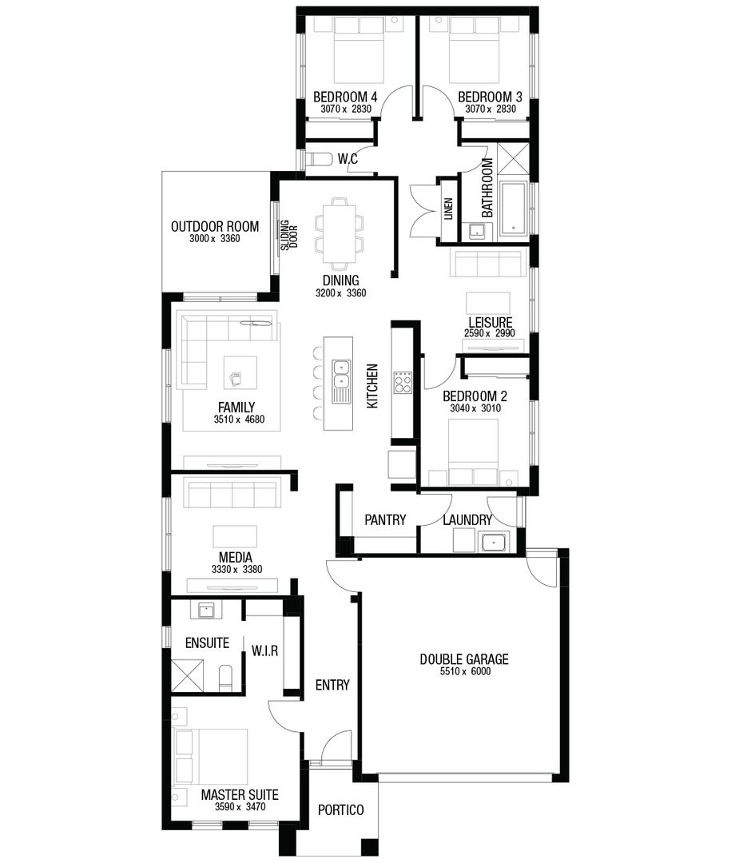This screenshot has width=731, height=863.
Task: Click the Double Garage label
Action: tap(464, 659)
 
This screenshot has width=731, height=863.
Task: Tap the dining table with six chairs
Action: tap(338, 232)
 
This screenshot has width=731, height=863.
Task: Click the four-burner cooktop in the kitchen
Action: tap(401, 382)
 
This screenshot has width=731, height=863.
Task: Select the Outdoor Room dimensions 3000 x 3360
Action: tap(215, 240)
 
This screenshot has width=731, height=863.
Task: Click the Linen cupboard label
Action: tap(448, 209)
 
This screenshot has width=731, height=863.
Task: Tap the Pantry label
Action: tap(385, 520)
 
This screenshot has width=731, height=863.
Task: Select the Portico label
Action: tap(340, 810)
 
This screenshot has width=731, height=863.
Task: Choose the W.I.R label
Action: tap(264, 651)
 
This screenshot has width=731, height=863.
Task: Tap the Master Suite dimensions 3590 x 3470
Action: tap(240, 808)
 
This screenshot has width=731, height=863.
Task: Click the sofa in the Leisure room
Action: tap(487, 263)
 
